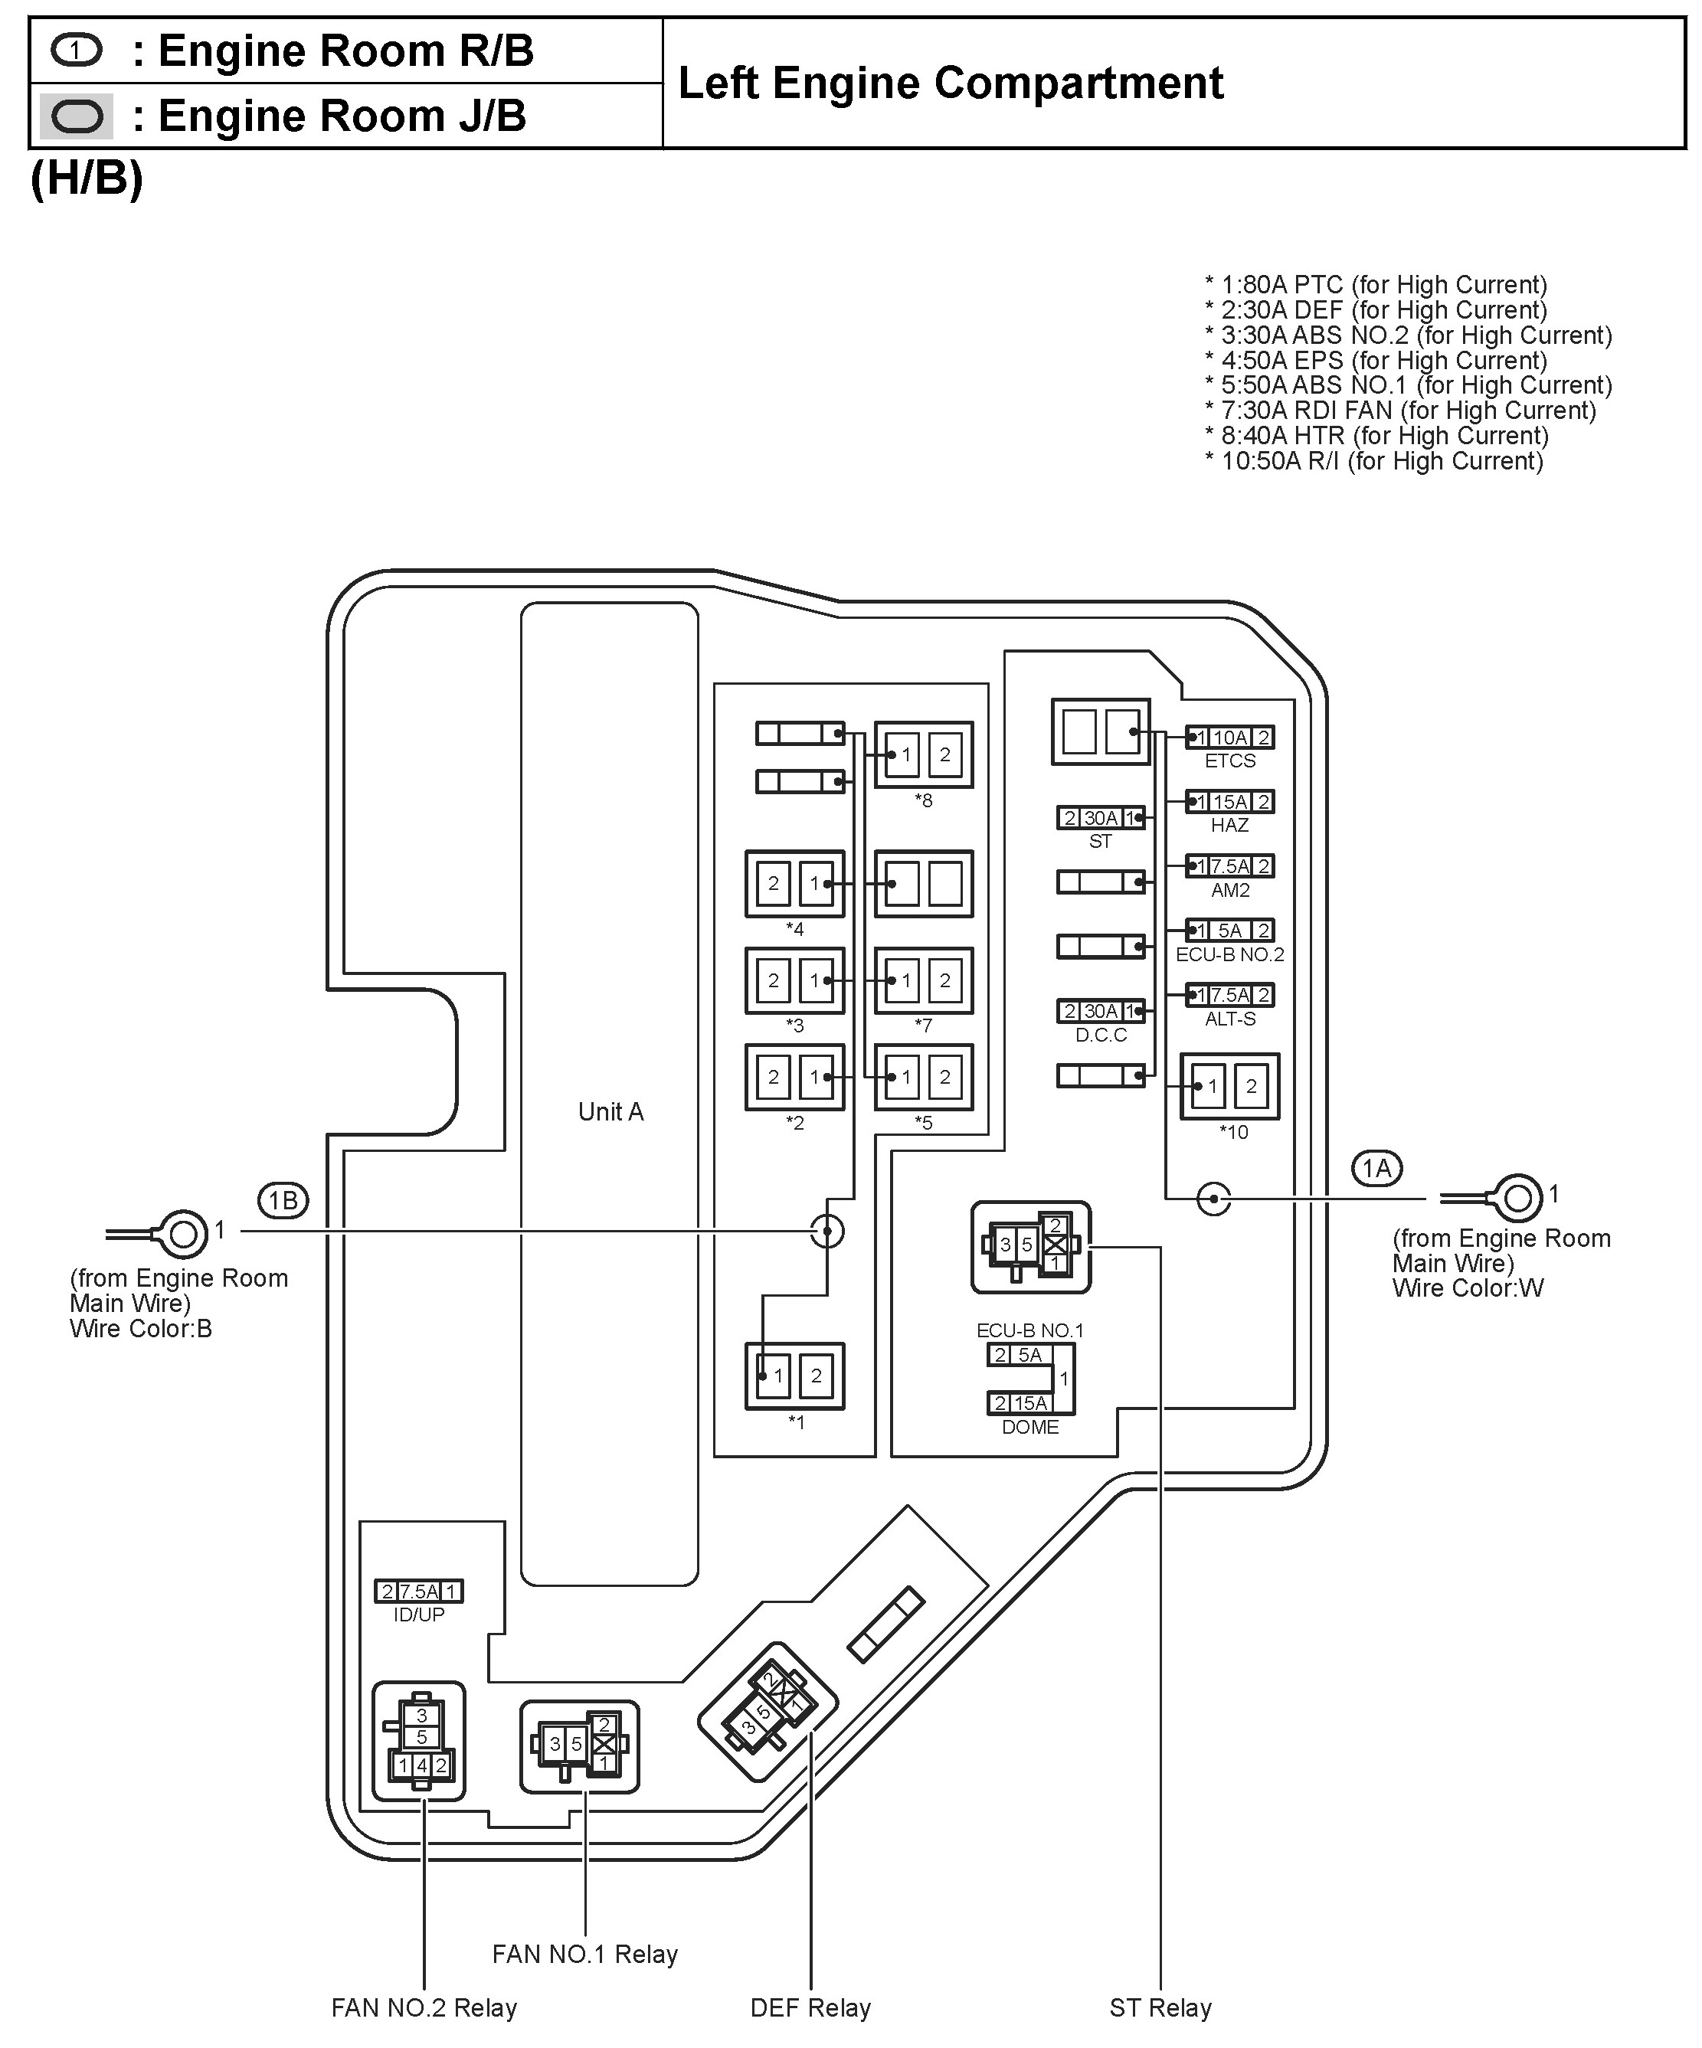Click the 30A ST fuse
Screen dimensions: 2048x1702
[x=1100, y=818]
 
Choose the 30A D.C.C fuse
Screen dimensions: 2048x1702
[x=1100, y=1011]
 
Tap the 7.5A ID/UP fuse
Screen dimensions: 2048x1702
[x=418, y=1592]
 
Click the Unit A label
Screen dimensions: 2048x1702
[x=610, y=1112]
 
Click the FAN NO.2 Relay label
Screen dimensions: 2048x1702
[x=424, y=2008]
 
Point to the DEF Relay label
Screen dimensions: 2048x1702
[x=810, y=2008]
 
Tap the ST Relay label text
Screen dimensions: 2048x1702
[x=1160, y=2008]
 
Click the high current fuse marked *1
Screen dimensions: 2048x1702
[x=795, y=1376]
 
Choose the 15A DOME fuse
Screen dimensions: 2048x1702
[x=1020, y=1403]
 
